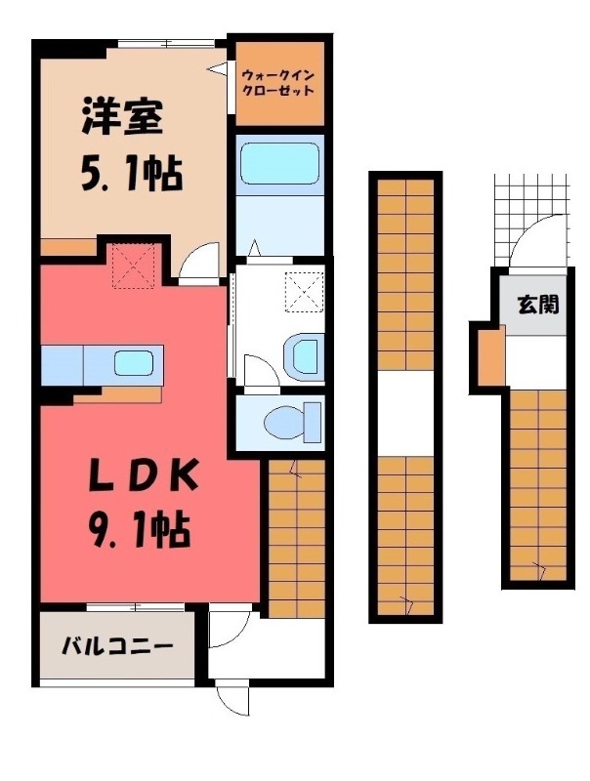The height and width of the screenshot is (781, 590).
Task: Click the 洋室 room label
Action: click(121, 119)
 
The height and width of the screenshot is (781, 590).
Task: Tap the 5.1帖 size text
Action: click(130, 176)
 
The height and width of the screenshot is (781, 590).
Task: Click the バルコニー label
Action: click(118, 646)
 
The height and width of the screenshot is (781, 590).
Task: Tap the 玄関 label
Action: click(538, 305)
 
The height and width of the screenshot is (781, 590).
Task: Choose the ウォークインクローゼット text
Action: click(279, 81)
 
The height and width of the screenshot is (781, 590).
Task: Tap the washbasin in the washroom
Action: click(307, 355)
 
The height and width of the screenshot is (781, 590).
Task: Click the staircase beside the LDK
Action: click(295, 537)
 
